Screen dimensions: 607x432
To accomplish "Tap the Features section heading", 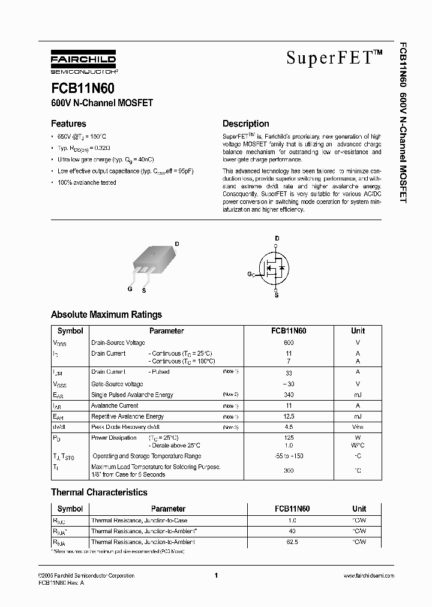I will pyautogui.click(x=68, y=124).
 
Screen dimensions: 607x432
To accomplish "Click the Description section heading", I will pyautogui.click(x=245, y=124).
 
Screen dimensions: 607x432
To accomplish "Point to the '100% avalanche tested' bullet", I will pyautogui.click(x=86, y=182).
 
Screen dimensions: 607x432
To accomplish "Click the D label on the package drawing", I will pyautogui.click(x=176, y=244).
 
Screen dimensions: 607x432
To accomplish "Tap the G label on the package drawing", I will pyautogui.click(x=130, y=289).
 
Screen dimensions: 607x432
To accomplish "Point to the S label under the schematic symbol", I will pyautogui.click(x=277, y=295).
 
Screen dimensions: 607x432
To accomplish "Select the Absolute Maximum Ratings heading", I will pyautogui.click(x=106, y=314).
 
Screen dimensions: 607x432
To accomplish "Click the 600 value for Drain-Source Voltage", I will pyautogui.click(x=289, y=342).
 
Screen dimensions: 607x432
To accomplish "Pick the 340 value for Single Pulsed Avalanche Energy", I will pyautogui.click(x=289, y=395).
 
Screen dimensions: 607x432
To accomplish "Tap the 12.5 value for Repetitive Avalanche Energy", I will pyautogui.click(x=289, y=416).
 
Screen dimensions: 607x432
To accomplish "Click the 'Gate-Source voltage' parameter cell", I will pyautogui.click(x=117, y=384).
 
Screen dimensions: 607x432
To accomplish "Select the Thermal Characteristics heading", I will pyautogui.click(x=99, y=492).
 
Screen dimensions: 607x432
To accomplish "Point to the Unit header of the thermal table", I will pyautogui.click(x=358, y=509).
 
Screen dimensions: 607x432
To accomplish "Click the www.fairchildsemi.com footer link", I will pyautogui.click(x=368, y=576).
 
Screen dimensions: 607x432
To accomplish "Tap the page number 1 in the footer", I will pyautogui.click(x=215, y=576).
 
